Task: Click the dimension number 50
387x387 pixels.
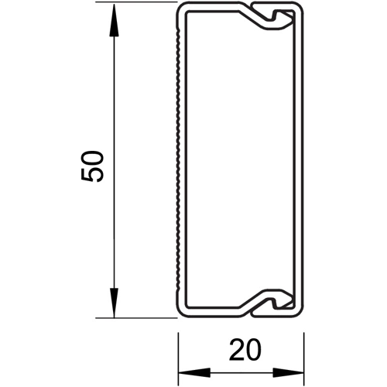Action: (92, 166)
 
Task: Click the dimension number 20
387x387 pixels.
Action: (245, 350)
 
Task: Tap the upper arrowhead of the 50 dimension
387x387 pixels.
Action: (114, 19)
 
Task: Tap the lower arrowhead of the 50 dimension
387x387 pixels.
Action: (114, 301)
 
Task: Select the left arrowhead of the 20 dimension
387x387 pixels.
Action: (194, 372)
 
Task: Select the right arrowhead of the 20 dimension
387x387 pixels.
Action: (289, 372)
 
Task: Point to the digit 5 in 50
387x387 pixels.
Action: (92, 175)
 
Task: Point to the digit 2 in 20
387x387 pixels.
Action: (237, 350)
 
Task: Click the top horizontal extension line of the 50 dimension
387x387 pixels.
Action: (136, 2)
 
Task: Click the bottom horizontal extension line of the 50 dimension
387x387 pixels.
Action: (136, 318)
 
